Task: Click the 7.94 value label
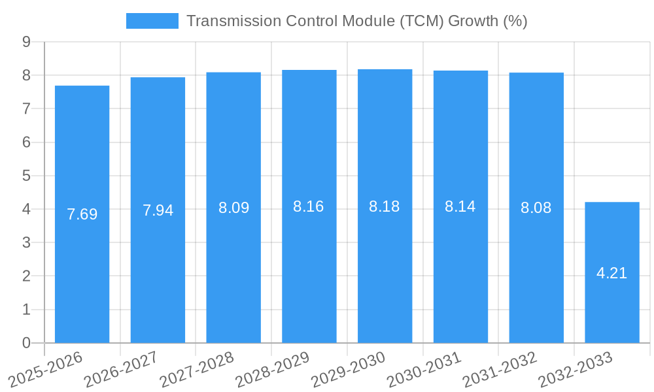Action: pyautogui.click(x=158, y=210)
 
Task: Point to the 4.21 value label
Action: pyautogui.click(x=612, y=273)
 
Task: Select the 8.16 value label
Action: pyautogui.click(x=309, y=206)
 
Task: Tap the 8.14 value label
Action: pyautogui.click(x=460, y=206)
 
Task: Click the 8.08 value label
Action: pyautogui.click(x=536, y=208)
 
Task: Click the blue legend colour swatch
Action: pyautogui.click(x=152, y=21)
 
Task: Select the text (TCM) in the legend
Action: pyautogui.click(x=421, y=21)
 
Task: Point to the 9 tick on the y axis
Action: pyautogui.click(x=26, y=42)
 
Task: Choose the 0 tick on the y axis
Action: pyautogui.click(x=26, y=343)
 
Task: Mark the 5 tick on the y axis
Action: pyautogui.click(x=26, y=176)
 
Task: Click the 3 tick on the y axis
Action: pyautogui.click(x=26, y=242)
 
